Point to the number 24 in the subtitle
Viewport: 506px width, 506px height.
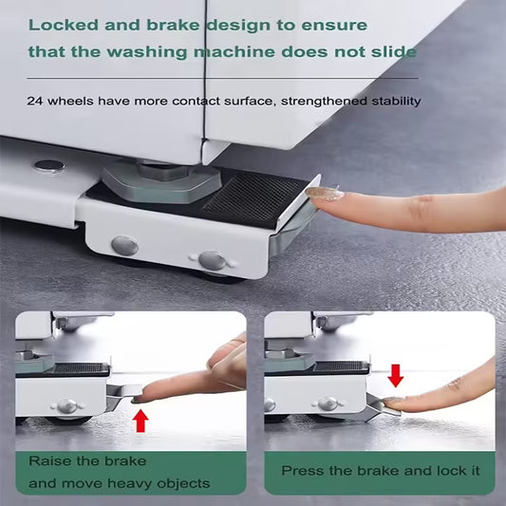pyautogui.click(x=34, y=101)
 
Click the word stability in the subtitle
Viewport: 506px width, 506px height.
pyautogui.click(x=389, y=101)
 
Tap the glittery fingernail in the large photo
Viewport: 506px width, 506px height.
pyautogui.click(x=325, y=194)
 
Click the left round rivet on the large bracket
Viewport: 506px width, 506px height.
pyautogui.click(x=124, y=246)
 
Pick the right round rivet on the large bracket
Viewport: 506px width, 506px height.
pyautogui.click(x=211, y=259)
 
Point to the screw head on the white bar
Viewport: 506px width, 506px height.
pyautogui.click(x=48, y=165)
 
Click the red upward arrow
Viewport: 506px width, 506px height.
pyautogui.click(x=141, y=419)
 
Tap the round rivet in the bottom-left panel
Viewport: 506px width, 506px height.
pyautogui.click(x=66, y=405)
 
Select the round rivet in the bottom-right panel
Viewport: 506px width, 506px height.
pyautogui.click(x=328, y=404)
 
